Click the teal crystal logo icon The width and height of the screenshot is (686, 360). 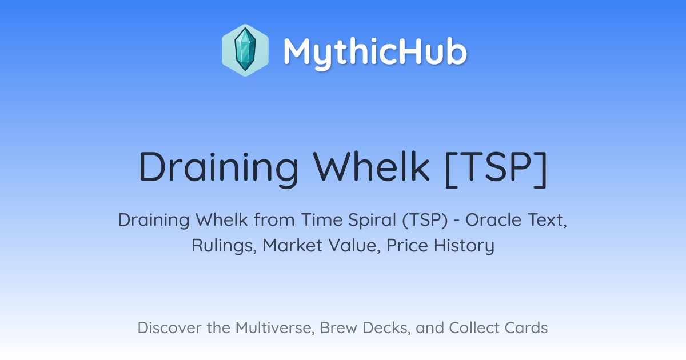coord(245,50)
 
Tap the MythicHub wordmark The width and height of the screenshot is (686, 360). coord(375,53)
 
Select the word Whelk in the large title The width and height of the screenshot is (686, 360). coord(371,167)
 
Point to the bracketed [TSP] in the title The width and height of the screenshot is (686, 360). coord(496,169)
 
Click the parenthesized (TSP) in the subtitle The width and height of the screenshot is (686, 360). coord(425,220)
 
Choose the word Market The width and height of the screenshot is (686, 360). coord(293,246)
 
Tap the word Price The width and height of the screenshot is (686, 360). coord(407,246)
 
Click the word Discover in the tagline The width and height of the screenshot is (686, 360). coord(169,328)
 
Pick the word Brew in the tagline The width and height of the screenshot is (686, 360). coord(338,328)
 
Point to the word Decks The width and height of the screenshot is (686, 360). coord(386,328)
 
